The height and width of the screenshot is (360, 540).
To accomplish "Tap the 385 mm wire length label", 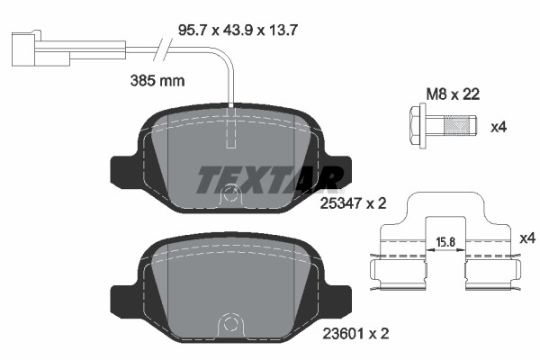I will click(x=157, y=80).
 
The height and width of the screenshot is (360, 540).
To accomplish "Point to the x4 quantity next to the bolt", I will click(x=499, y=127).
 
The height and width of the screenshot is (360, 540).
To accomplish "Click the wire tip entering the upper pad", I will click(x=231, y=107).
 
